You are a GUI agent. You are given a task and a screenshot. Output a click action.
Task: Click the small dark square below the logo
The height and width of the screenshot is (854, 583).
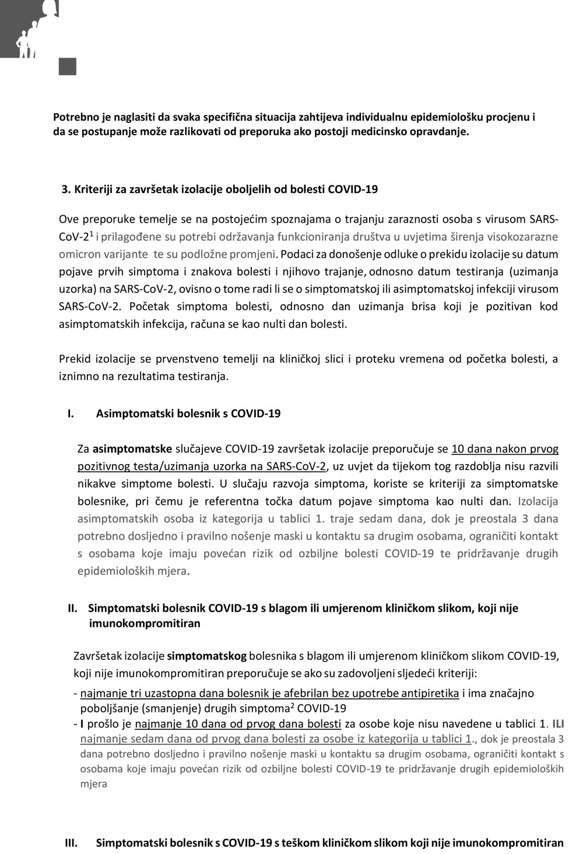pos(68,66)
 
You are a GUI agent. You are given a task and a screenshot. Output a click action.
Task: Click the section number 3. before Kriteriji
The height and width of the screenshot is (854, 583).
pos(66,189)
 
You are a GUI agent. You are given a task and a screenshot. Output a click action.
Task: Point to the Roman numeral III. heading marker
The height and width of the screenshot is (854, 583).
pos(71,843)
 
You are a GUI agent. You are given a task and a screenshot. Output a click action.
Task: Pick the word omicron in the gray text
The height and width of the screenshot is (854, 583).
pos(78,254)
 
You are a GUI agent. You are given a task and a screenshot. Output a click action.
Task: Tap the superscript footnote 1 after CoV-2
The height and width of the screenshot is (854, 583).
pos(91,233)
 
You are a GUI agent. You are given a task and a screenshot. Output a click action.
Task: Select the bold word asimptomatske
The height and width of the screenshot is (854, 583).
pos(132,449)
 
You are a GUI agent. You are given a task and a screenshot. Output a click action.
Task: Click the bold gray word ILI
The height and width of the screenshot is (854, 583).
pos(559,724)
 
